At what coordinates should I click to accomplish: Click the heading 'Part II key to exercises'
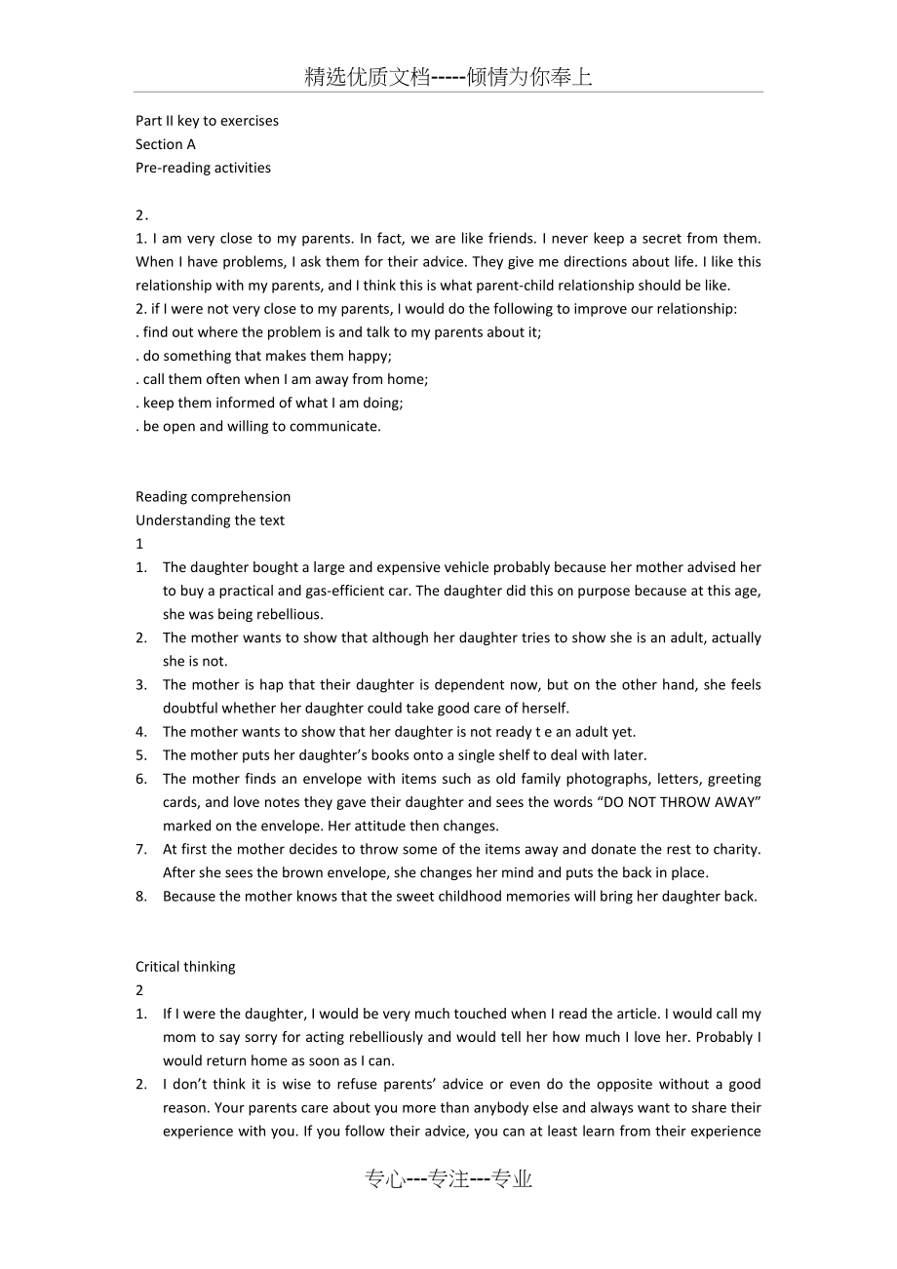(x=207, y=121)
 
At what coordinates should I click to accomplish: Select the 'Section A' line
(x=166, y=144)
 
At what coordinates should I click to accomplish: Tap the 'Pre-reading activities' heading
(x=203, y=168)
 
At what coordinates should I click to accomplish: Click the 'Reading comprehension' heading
(x=213, y=496)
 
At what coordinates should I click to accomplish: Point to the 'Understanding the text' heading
(x=210, y=519)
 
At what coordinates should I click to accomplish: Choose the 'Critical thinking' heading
(x=185, y=966)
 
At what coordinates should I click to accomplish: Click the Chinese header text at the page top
(x=448, y=78)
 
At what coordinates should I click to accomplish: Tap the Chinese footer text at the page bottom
(x=448, y=1179)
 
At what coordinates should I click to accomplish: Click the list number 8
(x=140, y=896)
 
